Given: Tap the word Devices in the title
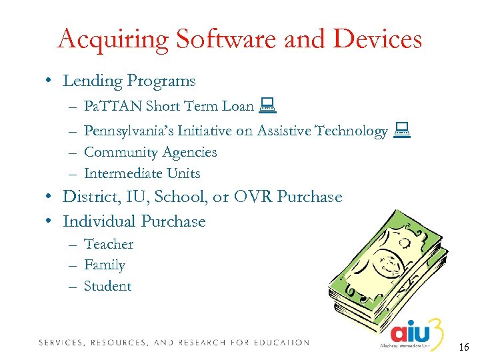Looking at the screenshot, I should click(x=377, y=39).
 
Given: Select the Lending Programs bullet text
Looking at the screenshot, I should click(x=129, y=81).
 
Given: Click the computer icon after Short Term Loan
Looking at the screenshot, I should click(x=269, y=104).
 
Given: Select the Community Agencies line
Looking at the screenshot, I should click(x=150, y=152).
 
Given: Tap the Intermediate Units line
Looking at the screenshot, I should click(x=142, y=173).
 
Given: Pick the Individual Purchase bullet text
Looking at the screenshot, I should click(x=134, y=221).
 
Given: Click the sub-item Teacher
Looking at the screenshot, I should click(x=109, y=244).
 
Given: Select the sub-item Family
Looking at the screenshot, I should click(x=105, y=265).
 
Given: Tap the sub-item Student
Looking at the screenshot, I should click(x=108, y=286).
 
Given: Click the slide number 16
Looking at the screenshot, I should click(x=464, y=347).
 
